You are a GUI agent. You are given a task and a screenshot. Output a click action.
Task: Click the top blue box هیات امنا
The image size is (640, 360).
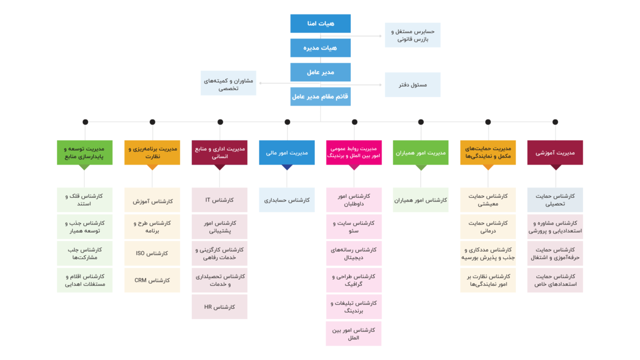point(320,23)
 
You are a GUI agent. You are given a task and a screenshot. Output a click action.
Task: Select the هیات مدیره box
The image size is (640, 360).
point(320,48)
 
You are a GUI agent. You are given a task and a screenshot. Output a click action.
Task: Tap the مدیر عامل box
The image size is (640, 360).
point(320,72)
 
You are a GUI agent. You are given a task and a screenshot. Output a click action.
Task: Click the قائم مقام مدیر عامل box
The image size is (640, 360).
point(320,97)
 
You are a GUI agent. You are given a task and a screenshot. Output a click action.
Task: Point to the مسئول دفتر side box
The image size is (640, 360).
point(413,84)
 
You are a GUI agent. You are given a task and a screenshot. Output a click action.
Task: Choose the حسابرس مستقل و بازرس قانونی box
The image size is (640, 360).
point(413,35)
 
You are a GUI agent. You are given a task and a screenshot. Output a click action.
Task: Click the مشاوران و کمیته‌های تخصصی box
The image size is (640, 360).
point(228,83)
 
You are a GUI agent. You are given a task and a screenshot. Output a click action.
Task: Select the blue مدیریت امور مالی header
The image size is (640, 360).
point(287,152)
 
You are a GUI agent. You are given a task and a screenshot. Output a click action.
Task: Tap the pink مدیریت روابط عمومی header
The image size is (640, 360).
point(354,152)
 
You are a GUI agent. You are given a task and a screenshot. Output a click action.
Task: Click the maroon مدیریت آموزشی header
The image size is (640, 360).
point(555,152)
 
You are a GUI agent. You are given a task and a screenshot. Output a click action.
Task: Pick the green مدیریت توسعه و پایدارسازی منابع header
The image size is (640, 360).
point(84,152)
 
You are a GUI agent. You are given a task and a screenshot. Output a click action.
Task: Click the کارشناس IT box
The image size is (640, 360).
point(219,200)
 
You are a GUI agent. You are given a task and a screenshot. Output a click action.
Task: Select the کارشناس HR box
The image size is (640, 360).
point(219,307)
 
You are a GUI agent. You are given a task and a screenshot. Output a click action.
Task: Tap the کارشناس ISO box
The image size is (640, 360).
point(152,254)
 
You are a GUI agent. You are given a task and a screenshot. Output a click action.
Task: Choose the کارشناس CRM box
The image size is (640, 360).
point(152,280)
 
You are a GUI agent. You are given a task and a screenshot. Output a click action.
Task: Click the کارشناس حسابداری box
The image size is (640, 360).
point(287,200)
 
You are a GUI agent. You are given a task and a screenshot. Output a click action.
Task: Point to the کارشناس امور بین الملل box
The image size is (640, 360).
point(354,334)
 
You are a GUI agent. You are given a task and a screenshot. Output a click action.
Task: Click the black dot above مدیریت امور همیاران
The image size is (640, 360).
point(421,122)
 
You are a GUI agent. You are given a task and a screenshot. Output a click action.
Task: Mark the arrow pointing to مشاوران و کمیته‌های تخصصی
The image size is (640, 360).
point(289,83)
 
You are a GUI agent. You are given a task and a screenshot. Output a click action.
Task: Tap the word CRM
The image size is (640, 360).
point(140,280)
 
